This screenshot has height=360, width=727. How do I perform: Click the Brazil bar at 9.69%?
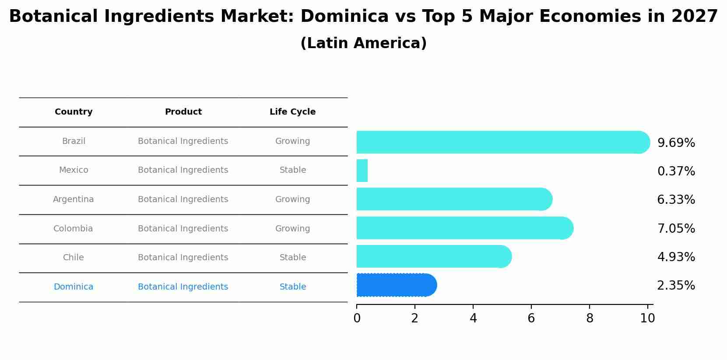click(x=502, y=142)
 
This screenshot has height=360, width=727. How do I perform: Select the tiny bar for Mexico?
click(x=362, y=171)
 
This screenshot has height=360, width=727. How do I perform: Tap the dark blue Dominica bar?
click(x=396, y=285)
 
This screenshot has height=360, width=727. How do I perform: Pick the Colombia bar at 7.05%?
click(x=464, y=228)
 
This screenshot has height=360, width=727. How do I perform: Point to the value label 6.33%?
click(x=676, y=200)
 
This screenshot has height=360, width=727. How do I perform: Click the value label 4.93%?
click(x=676, y=257)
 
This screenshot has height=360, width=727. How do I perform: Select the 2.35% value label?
click(x=676, y=286)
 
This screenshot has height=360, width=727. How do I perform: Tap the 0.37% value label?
click(x=676, y=171)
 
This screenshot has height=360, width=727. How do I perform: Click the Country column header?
click(x=74, y=112)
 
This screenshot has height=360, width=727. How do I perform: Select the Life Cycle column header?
click(x=292, y=112)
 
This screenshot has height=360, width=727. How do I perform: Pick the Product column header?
click(x=183, y=112)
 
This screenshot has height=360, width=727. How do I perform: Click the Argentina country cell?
click(x=74, y=199)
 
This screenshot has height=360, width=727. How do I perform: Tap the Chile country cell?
click(x=74, y=258)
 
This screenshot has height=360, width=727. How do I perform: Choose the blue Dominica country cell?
click(x=74, y=287)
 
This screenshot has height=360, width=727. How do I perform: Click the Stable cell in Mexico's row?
click(x=293, y=170)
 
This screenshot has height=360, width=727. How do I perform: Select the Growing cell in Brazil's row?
click(x=292, y=141)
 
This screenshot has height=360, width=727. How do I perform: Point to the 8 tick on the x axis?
click(x=590, y=318)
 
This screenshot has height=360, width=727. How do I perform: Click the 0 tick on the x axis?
click(x=357, y=318)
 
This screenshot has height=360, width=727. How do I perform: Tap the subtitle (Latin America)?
click(x=363, y=43)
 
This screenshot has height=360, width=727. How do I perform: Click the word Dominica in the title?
click(x=344, y=17)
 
